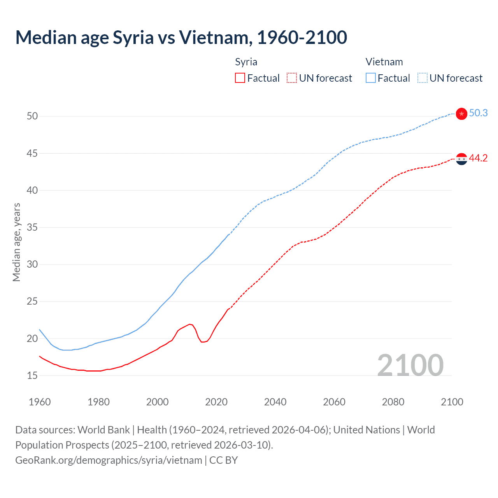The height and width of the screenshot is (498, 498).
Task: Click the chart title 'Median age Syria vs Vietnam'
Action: tap(181, 37)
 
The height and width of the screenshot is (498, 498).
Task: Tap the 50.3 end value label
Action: tap(478, 113)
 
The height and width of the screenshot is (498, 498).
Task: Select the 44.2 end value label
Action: tap(478, 158)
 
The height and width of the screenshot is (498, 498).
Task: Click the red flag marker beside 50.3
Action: tap(461, 114)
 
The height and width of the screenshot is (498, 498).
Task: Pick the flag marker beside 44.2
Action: tap(461, 159)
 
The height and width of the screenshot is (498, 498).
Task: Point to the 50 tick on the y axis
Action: tap(32, 116)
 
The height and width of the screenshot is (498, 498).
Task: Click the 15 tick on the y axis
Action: tap(32, 375)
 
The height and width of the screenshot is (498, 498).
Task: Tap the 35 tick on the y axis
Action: tap(32, 227)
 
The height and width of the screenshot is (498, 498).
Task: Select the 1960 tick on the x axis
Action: tap(40, 402)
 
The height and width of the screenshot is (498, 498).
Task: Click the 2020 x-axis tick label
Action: tap(216, 402)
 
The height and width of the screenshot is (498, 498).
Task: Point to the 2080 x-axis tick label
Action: tap(393, 402)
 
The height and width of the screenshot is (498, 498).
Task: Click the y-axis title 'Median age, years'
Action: tap(16, 242)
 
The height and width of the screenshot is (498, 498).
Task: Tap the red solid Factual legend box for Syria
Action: tap(240, 78)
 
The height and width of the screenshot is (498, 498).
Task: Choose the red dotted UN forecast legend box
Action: tap(292, 78)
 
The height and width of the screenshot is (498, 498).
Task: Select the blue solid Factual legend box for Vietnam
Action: tap(371, 78)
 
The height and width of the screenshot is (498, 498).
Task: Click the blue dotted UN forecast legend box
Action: tap(423, 78)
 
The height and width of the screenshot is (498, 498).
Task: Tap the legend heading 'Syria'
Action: tap(246, 62)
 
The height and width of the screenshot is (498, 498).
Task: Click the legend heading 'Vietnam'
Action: tap(384, 62)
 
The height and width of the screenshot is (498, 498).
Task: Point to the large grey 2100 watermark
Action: tap(410, 365)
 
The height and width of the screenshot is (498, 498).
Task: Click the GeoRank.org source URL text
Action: tap(109, 460)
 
